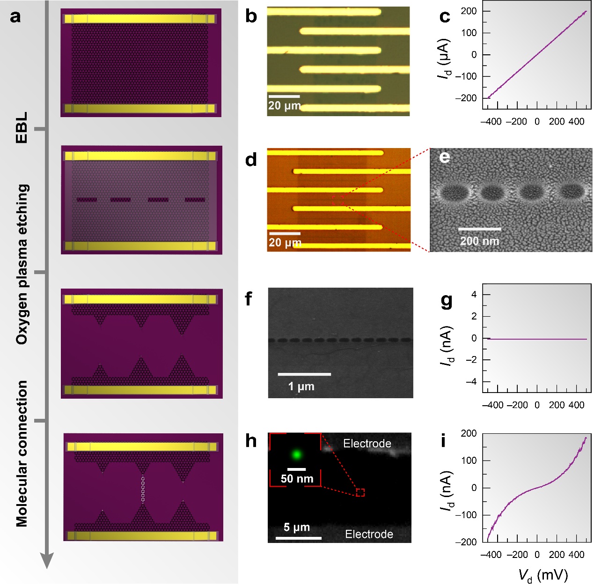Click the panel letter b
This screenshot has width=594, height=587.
coord(251,17)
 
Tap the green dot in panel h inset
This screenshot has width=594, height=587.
coord(296,454)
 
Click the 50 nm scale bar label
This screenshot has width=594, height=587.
coord(297,478)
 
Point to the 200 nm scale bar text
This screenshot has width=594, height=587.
coord(479,241)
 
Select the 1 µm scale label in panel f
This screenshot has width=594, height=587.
coord(301,386)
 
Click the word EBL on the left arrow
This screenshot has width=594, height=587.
coord(22,127)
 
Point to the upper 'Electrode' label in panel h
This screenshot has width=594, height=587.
coord(367,443)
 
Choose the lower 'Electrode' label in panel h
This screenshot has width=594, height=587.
coord(369,534)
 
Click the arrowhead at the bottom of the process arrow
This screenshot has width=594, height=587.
coord(47,560)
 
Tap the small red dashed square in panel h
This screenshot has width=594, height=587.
coord(360,492)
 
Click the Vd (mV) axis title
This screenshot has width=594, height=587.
coord(543,575)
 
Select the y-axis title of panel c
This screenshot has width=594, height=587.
coord(445,59)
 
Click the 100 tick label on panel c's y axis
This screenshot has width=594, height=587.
coord(468,33)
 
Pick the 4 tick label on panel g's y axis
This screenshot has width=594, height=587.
coord(474,295)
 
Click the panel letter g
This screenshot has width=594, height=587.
coord(447,301)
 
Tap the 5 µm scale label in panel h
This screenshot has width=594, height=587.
coord(296,527)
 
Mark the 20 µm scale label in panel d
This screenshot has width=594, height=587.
coord(285,243)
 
